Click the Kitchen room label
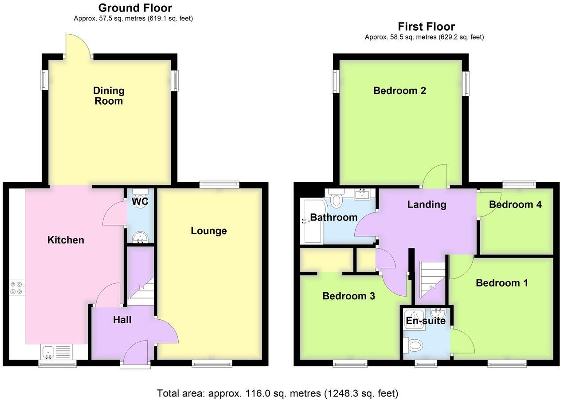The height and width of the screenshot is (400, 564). pos(66,240)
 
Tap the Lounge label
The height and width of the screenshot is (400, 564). pos(209,231)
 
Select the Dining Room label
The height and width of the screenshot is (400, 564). pos(109,96)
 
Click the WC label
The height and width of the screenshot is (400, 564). pos(140,201)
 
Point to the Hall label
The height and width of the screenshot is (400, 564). pos(122,319)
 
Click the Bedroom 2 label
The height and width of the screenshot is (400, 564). pos(399,90)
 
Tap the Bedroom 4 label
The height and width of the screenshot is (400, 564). pos(515,204)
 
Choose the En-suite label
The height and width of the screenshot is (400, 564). pos(426,321)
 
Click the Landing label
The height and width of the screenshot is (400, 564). pos(427,204)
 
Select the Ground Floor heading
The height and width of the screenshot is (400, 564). pos(135,8)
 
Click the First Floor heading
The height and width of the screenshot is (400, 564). pos(426,26)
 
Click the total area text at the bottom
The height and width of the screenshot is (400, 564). pos(278,393)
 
